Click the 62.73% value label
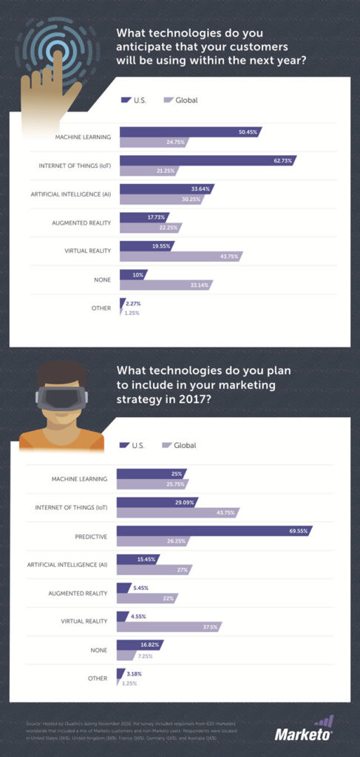click(283, 160)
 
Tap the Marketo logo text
click(302, 734)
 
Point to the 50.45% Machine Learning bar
click(190, 132)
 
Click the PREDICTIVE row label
click(89, 536)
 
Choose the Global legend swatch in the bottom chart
click(166, 445)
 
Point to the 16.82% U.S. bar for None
click(139, 644)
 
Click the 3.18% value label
click(135, 673)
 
